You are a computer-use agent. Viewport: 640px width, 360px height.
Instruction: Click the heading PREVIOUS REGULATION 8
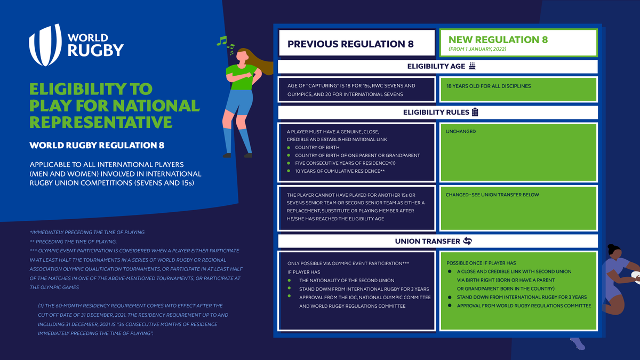pyautogui.click(x=350, y=44)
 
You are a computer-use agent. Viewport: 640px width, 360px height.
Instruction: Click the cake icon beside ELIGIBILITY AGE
pyautogui.click(x=471, y=66)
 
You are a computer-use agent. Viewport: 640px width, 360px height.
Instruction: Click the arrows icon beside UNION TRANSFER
pyautogui.click(x=467, y=241)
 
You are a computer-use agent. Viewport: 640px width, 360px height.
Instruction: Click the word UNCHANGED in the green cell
pyautogui.click(x=461, y=131)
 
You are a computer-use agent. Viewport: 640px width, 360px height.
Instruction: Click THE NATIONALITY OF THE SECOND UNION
pyautogui.click(x=347, y=281)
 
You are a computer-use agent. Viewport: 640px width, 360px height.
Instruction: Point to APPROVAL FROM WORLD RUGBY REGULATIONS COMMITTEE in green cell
pyautogui.click(x=524, y=306)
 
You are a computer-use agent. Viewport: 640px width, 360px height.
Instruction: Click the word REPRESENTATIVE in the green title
pyautogui.click(x=101, y=121)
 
